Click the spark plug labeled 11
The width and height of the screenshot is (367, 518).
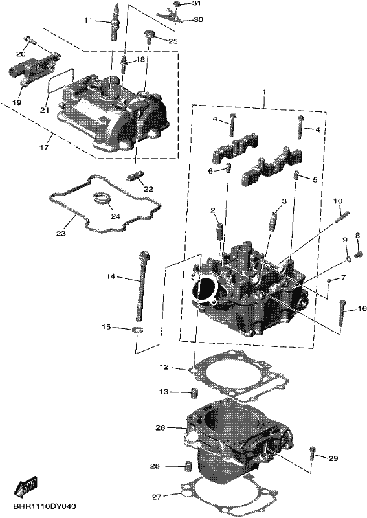114,23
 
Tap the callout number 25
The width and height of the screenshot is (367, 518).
173,41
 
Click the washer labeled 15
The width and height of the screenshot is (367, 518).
138,330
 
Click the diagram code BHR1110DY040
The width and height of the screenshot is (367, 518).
45,506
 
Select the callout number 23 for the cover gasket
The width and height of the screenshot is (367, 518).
61,234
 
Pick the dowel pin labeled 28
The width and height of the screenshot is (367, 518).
188,466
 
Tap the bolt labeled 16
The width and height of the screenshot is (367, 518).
342,311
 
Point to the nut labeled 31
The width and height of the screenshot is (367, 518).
177,4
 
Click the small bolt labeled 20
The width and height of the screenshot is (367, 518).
30,41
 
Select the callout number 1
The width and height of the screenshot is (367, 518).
264,91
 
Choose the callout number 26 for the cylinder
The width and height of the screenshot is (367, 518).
161,428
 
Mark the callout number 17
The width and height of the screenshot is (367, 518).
44,147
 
